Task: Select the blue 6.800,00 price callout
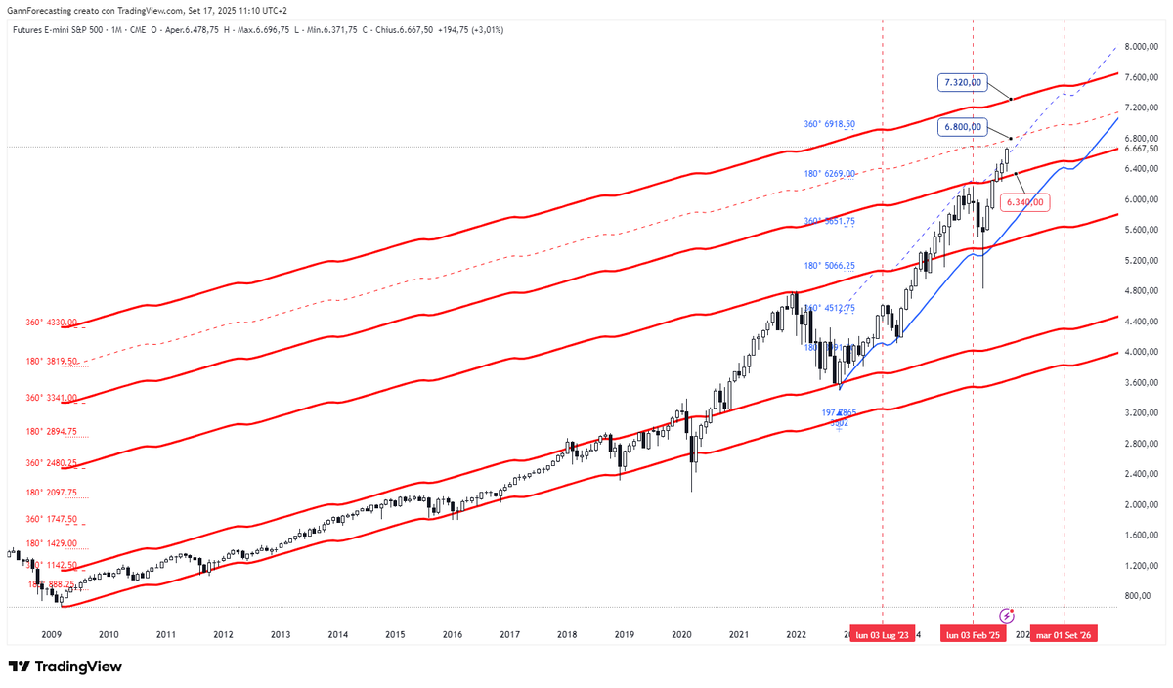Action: [x=962, y=127]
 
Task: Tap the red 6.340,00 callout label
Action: [x=1023, y=202]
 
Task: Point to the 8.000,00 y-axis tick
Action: [x=1140, y=46]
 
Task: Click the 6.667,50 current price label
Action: [x=1140, y=149]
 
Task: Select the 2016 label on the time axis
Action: [x=452, y=635]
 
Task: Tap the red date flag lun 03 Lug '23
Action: [x=883, y=635]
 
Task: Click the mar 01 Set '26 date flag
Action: [x=1065, y=635]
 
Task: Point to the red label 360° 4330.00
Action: [x=52, y=322]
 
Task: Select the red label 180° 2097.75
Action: [x=52, y=494]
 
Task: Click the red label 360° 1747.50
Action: [x=52, y=519]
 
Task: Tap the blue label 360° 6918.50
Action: [x=830, y=125]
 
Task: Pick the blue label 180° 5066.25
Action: [x=830, y=265]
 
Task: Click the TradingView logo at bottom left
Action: [x=65, y=666]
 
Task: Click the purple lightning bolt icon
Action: [x=1008, y=616]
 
